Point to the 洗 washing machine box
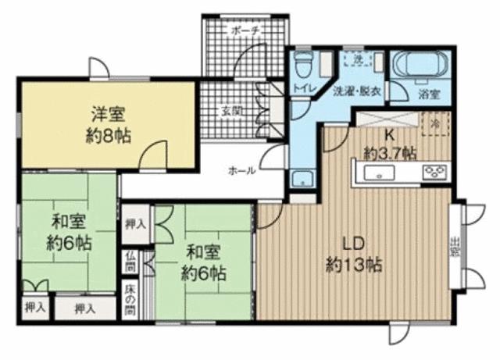point(357,59)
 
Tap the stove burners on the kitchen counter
point(434,172)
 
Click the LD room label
point(353,242)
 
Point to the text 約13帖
point(353,265)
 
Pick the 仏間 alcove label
point(130,262)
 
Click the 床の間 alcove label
point(130,297)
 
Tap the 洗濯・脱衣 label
point(356,91)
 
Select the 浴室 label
point(428,94)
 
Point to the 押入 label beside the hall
point(135,224)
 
